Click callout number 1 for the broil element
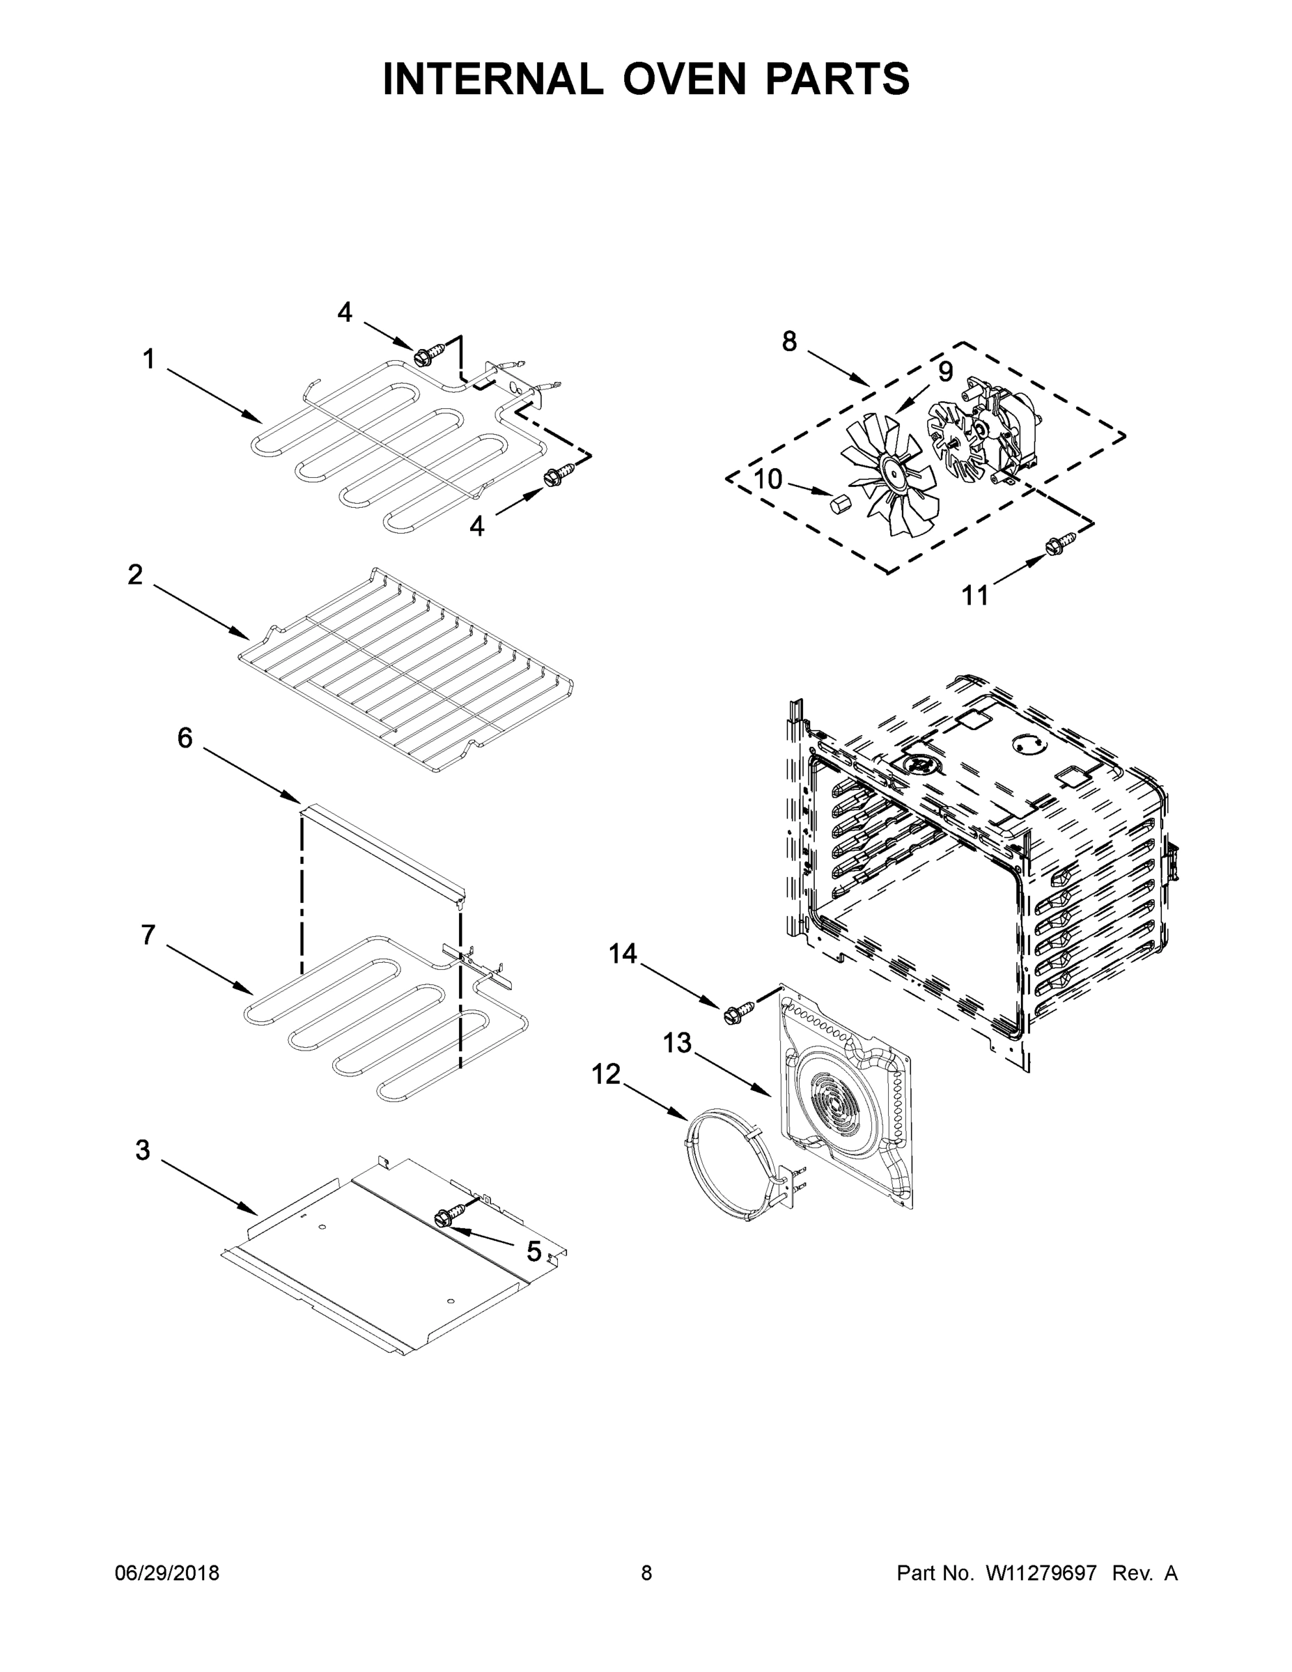point(148,359)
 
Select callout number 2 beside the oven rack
point(136,574)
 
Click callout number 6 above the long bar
point(185,738)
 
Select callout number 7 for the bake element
point(148,935)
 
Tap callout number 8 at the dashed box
point(789,341)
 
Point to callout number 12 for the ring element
point(605,1075)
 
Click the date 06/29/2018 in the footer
point(167,1573)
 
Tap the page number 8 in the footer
point(646,1573)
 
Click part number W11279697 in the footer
point(1041,1573)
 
